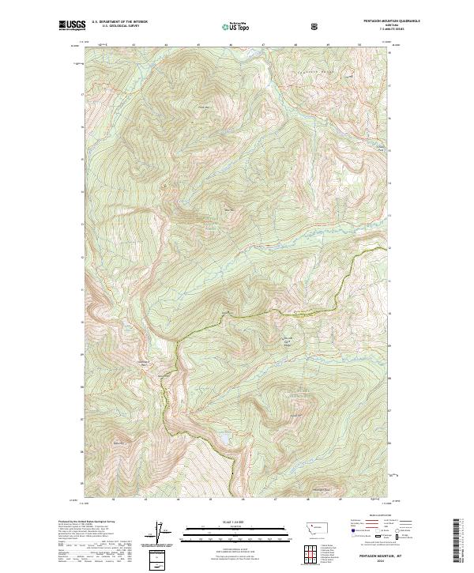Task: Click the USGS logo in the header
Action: (72, 25)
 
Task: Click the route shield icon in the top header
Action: (315, 26)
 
